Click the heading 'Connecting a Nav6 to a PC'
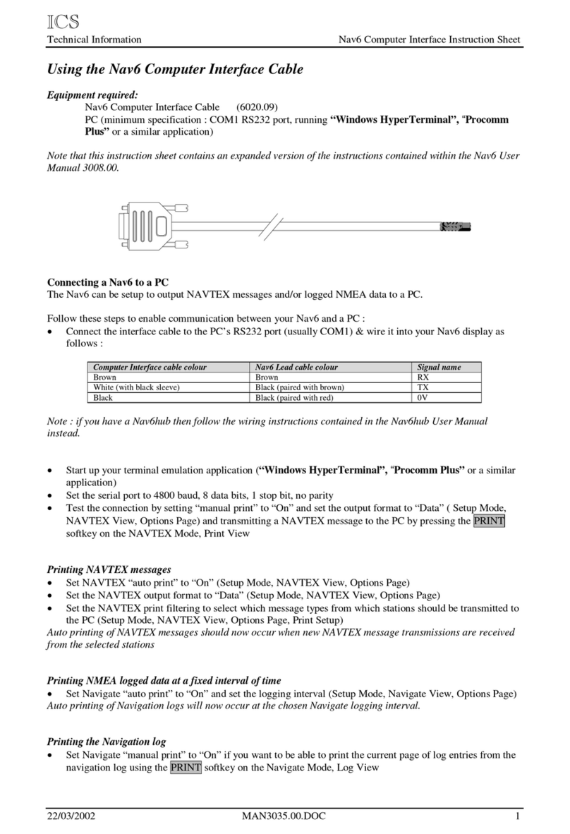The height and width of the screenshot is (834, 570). pyautogui.click(x=107, y=282)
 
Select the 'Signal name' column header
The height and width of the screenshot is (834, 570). pyautogui.click(x=439, y=367)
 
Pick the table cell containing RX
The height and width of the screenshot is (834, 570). pyautogui.click(x=424, y=377)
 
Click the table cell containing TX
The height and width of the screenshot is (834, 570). pyautogui.click(x=424, y=387)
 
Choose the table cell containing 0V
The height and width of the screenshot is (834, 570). pyautogui.click(x=424, y=397)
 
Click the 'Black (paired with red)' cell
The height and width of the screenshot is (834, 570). pyautogui.click(x=295, y=397)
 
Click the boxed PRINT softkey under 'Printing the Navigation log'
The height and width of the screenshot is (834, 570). pyautogui.click(x=186, y=768)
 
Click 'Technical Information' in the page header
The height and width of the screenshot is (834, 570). pyautogui.click(x=94, y=40)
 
